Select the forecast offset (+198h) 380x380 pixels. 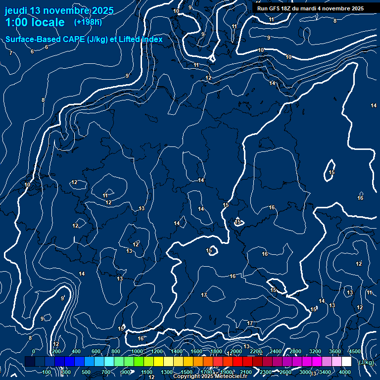88,22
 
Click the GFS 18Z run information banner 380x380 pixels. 310,8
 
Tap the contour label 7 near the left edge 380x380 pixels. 11,52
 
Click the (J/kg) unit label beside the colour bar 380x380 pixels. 366,362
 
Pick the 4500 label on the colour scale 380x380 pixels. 355,351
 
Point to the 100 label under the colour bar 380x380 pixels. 47,372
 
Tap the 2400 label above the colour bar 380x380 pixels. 276,351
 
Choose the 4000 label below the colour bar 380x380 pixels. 345,372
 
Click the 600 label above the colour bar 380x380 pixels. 96,351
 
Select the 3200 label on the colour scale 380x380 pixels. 315,351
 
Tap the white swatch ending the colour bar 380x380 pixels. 346,362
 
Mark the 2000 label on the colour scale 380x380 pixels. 236,351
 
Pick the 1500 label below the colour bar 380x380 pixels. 187,372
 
